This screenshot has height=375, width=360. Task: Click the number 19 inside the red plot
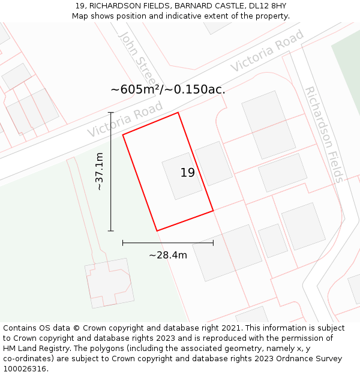click(x=187, y=173)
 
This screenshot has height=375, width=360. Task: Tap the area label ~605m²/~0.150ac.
click(x=168, y=89)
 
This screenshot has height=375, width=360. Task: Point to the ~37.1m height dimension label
click(x=100, y=172)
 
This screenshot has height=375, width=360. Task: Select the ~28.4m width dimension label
click(x=168, y=255)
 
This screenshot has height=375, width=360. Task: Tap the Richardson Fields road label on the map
click(x=324, y=134)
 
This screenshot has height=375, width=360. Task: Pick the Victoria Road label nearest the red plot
click(x=125, y=119)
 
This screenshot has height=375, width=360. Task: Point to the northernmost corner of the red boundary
click(x=178, y=112)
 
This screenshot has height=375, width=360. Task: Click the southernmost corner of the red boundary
click(x=157, y=231)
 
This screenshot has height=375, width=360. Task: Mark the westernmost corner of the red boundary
click(x=123, y=134)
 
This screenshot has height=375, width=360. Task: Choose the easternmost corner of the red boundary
click(x=213, y=211)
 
